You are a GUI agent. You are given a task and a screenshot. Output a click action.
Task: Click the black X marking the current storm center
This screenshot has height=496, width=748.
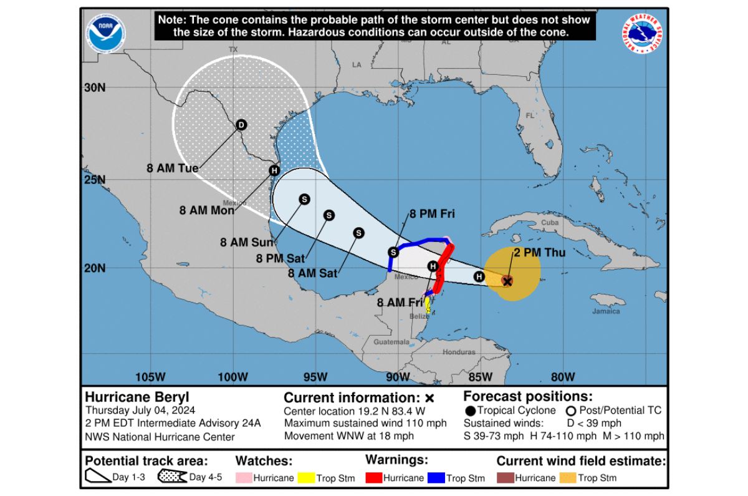507,281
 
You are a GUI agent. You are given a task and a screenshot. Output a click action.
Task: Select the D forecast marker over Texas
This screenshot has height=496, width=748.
241,125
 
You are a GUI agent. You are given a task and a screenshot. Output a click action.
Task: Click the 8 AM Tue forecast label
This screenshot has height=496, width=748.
173,168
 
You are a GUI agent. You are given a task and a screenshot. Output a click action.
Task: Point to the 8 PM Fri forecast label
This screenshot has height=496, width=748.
432,214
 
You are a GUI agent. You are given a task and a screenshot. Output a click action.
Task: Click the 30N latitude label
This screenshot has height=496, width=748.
95,87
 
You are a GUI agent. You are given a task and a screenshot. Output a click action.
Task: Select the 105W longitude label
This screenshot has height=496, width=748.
150,377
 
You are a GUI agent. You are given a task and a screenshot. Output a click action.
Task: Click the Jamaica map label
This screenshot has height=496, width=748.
606,311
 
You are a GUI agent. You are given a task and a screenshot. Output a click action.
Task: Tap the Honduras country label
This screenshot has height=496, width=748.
459,352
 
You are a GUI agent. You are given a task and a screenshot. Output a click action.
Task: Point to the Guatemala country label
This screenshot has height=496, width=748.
391,342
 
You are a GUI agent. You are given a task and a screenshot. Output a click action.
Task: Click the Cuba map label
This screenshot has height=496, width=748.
550,223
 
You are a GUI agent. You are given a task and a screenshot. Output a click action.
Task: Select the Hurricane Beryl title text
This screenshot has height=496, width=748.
137,397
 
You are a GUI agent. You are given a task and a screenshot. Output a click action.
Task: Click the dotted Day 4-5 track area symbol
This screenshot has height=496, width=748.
171,478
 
